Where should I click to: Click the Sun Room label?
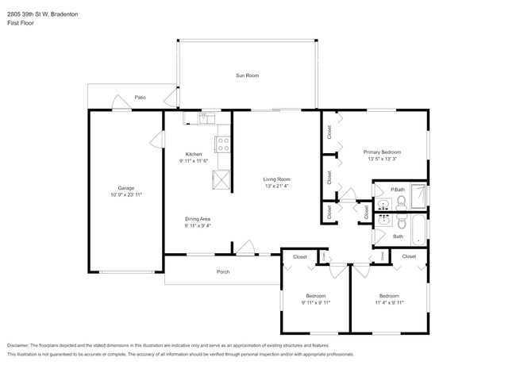(247, 75)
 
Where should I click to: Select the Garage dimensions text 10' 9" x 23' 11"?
(125, 194)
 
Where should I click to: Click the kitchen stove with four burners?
(223, 145)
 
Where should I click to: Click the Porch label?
(223, 271)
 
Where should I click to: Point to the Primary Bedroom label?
(382, 152)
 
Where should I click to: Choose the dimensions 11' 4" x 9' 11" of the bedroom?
(390, 302)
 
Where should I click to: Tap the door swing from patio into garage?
(120, 102)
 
